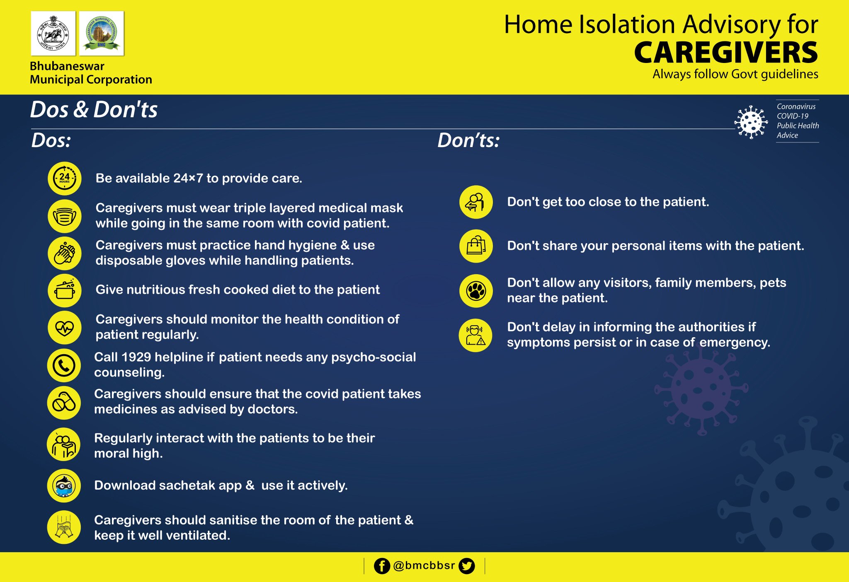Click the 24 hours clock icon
click(64, 179)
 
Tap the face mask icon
click(64, 216)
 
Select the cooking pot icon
click(64, 290)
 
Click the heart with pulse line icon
click(64, 328)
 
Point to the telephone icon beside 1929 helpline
click(64, 365)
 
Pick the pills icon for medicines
click(64, 403)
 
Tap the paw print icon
click(476, 291)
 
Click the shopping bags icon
click(476, 246)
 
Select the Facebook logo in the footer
click(382, 566)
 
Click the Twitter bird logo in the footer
click(467, 566)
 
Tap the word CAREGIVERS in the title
click(726, 53)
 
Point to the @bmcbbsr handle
click(424, 565)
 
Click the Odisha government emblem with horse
click(53, 34)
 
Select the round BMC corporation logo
click(102, 34)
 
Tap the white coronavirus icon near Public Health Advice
click(751, 122)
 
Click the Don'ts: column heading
click(468, 140)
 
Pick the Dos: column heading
click(51, 140)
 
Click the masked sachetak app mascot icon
click(64, 486)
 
